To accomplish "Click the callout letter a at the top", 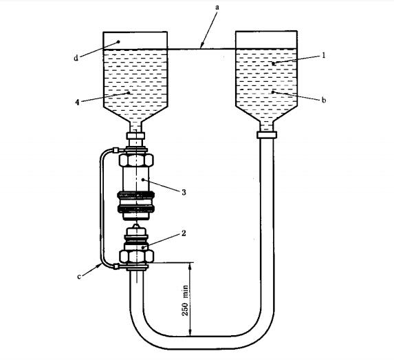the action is pyautogui.click(x=217, y=8).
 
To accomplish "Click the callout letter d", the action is pyautogui.click(x=76, y=58).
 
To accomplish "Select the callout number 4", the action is pyautogui.click(x=78, y=102).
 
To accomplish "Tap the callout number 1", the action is pyautogui.click(x=324, y=55).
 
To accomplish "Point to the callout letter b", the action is pyautogui.click(x=324, y=100).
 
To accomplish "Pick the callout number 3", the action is pyautogui.click(x=184, y=192).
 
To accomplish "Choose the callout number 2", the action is pyautogui.click(x=184, y=233).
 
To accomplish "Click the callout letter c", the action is pyautogui.click(x=79, y=277).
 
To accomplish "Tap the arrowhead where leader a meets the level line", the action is pyautogui.click(x=201, y=46).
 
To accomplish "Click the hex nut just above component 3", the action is pyautogui.click(x=136, y=160).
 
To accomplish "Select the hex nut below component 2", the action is pyautogui.click(x=136, y=256).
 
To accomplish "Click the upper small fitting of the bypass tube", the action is pyautogui.click(x=116, y=150).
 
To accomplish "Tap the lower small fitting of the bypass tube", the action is pyautogui.click(x=116, y=266).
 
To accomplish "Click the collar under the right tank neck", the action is pyautogui.click(x=267, y=135).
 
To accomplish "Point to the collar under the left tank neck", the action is pyautogui.click(x=135, y=136).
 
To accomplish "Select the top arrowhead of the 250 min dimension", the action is pyautogui.click(x=190, y=266).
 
